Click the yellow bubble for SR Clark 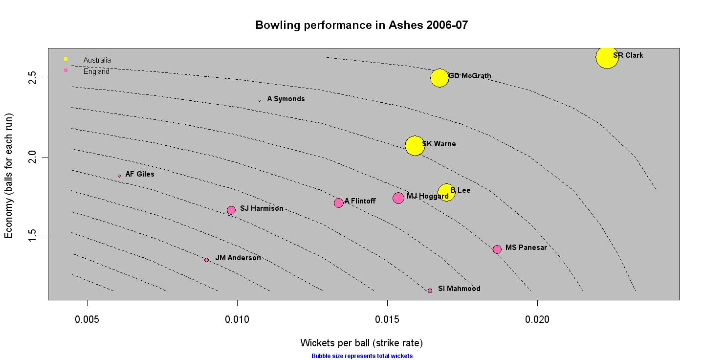tap(607, 57)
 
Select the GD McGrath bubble tap(440, 77)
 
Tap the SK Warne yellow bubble tap(415, 146)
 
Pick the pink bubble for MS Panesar tap(497, 249)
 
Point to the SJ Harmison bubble tap(231, 210)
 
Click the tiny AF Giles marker tap(120, 176)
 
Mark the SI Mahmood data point tap(430, 291)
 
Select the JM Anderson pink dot tap(207, 260)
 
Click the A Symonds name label tap(286, 99)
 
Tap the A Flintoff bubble tap(339, 203)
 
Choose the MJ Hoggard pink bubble tap(398, 198)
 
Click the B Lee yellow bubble tap(446, 192)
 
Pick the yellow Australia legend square tap(66, 59)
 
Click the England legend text tap(96, 71)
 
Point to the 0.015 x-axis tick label tap(387, 319)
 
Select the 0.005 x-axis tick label tap(87, 319)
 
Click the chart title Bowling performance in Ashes tap(361, 25)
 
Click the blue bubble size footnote tap(362, 356)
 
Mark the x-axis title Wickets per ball tap(361, 342)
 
